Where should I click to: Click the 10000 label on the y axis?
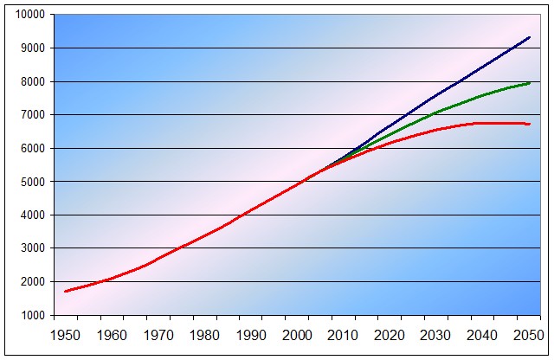30,15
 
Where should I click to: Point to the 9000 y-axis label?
33,48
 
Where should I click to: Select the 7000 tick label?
33,115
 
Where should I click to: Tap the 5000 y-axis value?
33,182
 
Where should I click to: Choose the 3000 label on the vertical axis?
33,248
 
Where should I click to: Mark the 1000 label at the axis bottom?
33,315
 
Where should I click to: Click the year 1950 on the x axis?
66,335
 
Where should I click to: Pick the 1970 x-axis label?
158,335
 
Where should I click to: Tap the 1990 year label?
251,335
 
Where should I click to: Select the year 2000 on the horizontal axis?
297,335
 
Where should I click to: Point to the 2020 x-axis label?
390,335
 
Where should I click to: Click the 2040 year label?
482,335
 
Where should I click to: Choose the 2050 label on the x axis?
528,335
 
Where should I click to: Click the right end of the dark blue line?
530,37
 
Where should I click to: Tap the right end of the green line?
530,83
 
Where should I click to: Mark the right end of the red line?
530,124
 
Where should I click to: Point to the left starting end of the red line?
65,291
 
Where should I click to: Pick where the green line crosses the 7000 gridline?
430,114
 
